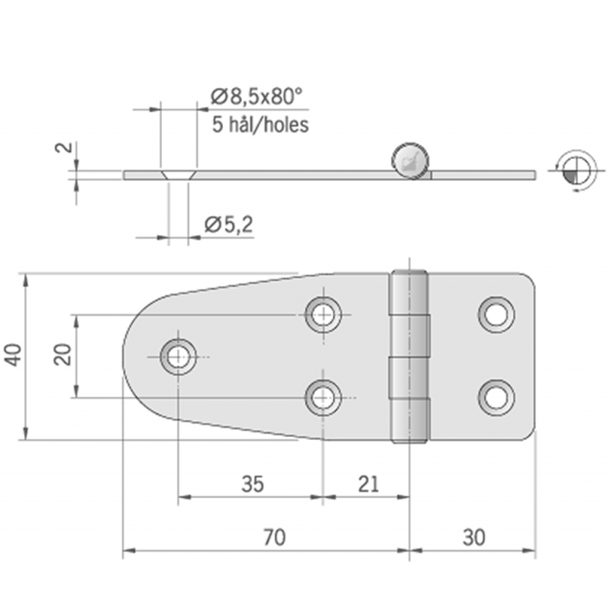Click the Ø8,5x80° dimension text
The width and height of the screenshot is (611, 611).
click(256, 96)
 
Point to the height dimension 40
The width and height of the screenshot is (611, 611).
click(15, 355)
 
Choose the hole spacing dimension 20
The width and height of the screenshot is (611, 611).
click(64, 354)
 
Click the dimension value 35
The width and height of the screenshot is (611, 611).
click(252, 483)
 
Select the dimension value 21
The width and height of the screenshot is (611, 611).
click(367, 483)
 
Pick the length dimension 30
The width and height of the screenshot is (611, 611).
click(474, 538)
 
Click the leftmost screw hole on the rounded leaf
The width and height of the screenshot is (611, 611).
click(179, 355)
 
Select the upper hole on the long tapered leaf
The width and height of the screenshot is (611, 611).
click(323, 313)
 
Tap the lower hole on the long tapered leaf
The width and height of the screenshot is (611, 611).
click(323, 397)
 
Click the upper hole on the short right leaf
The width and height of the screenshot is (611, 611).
click(496, 313)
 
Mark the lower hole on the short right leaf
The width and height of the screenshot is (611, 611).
click(496, 397)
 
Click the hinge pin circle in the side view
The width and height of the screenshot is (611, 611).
click(411, 160)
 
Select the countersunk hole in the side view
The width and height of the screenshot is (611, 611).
click(178, 174)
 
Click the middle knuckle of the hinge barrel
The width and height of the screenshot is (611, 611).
click(410, 356)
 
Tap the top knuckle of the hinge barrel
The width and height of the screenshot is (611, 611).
click(410, 294)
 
